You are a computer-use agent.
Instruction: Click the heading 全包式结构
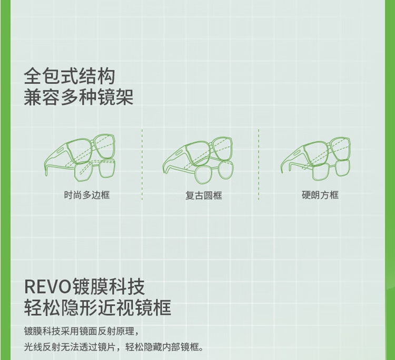click(69, 77)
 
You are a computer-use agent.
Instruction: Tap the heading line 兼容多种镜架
click(78, 98)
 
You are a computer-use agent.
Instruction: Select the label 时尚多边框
click(87, 195)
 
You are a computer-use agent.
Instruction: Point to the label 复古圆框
click(203, 196)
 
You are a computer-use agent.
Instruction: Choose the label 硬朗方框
click(320, 195)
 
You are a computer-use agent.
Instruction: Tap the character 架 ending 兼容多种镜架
click(124, 98)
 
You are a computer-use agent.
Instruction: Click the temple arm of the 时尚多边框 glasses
click(53, 161)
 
